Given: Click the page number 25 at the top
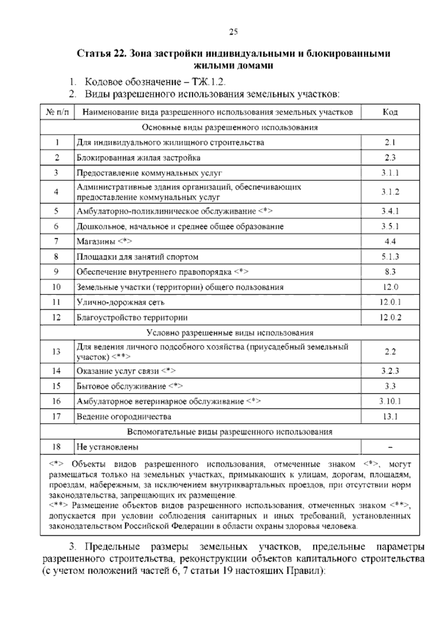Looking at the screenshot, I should [233, 32].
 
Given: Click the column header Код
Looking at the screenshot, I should [390, 112].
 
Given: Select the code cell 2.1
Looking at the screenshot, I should [390, 143].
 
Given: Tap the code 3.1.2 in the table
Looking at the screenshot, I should [390, 192].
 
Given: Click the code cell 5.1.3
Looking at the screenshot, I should [390, 257].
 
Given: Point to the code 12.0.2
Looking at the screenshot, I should [390, 318].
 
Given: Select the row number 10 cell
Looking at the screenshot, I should [56, 287].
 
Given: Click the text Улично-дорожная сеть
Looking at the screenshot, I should [120, 302].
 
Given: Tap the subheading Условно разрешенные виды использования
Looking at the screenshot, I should [230, 333].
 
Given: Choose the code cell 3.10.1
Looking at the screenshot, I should [390, 402].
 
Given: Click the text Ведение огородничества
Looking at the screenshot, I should [124, 417].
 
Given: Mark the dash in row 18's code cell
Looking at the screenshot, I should [390, 448].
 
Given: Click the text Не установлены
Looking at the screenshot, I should [107, 447].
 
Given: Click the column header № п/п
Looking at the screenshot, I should [57, 112].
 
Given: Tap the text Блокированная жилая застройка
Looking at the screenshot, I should [138, 158].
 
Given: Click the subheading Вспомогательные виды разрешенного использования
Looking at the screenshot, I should [230, 432].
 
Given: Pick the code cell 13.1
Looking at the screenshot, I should [390, 417].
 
